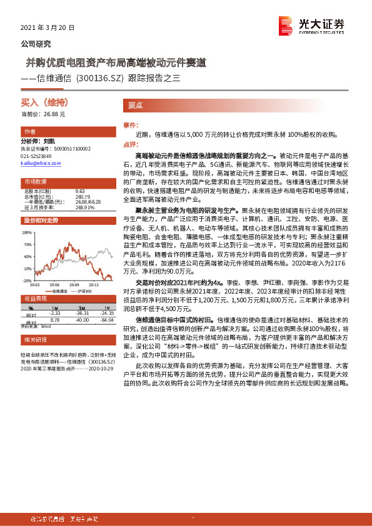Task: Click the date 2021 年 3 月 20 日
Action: (x=48, y=28)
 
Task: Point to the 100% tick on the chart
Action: (x=28, y=232)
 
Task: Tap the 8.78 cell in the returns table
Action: (x=55, y=319)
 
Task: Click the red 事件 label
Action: (x=130, y=126)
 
